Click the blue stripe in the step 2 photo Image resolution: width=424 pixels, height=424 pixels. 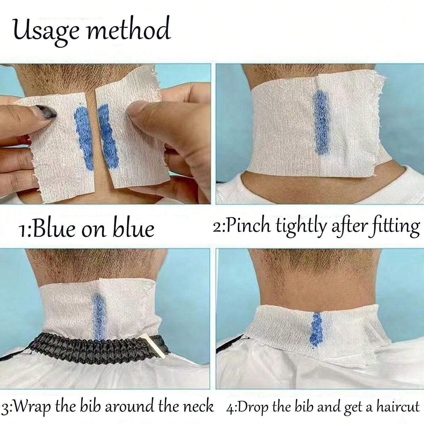click(319, 122)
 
